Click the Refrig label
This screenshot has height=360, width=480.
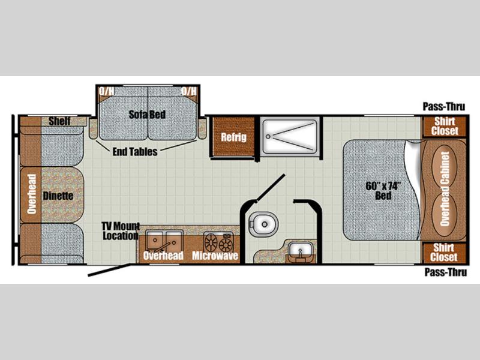233,137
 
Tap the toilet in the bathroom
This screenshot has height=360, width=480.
263,224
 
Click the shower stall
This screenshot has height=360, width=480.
290,136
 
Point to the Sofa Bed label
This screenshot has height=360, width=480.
147,115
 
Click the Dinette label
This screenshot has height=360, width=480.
58,196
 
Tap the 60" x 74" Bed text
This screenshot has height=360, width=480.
383,190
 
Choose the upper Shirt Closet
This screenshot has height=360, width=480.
445,126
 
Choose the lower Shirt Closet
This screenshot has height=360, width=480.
444,253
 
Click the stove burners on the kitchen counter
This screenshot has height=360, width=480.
218,242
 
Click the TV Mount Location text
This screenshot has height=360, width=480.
121,231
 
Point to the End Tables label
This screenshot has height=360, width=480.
135,152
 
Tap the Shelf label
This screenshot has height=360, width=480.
59,121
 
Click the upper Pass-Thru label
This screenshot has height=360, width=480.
444,107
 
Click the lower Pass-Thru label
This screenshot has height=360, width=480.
446,272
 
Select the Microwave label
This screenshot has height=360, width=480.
215,256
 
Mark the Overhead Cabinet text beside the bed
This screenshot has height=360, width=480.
445,189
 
